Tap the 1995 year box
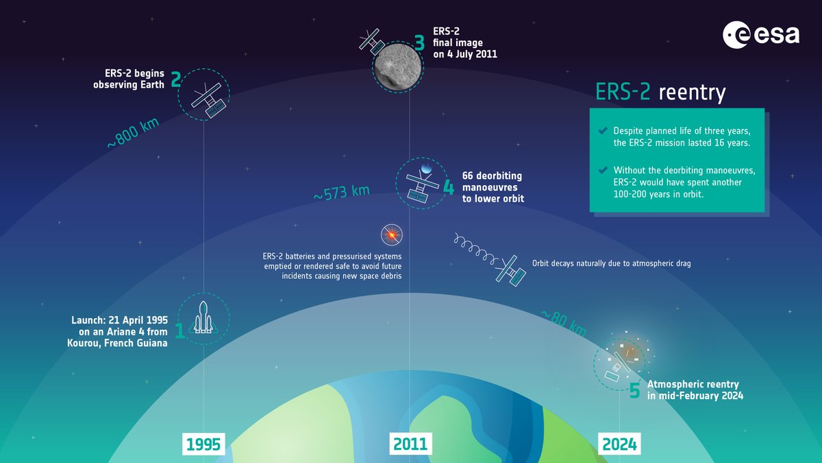click(x=203, y=444)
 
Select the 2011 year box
click(x=410, y=444)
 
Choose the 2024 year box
click(x=619, y=444)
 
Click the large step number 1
click(x=179, y=331)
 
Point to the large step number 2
click(x=176, y=80)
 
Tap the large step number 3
click(x=420, y=43)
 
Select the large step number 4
click(x=449, y=187)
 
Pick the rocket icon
click(x=203, y=318)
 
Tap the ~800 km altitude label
click(x=133, y=134)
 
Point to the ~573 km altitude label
click(x=341, y=191)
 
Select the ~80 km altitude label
click(x=564, y=322)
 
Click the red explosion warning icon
click(x=392, y=235)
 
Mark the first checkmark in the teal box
click(x=602, y=130)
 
